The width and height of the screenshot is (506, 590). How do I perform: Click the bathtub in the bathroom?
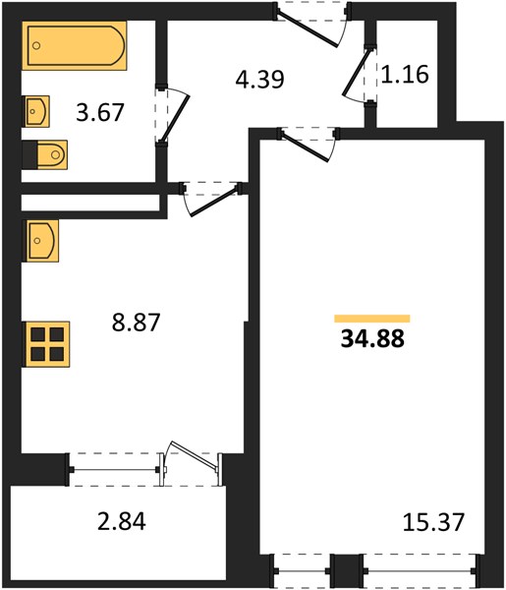75,45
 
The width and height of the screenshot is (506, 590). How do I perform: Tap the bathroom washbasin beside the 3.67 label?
37,111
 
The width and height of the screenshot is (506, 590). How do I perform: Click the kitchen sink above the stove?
41,241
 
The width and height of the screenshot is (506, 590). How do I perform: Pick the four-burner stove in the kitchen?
47,344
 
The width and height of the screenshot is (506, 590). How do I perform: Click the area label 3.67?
100,112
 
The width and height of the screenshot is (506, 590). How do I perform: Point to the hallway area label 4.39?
259,79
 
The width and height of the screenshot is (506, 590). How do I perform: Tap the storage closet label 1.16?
405,74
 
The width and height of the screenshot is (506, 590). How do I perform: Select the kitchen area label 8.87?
137,323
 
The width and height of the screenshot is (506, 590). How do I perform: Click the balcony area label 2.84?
122,521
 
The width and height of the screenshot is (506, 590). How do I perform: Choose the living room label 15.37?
433,522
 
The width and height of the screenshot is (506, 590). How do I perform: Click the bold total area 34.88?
372,338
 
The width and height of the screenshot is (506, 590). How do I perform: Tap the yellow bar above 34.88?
372,319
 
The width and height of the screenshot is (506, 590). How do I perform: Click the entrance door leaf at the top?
308,29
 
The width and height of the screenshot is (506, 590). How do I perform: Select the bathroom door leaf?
175,118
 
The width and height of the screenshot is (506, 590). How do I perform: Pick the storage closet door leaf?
356,71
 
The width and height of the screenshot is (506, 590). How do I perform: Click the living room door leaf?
305,147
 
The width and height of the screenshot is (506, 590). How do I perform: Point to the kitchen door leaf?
214,202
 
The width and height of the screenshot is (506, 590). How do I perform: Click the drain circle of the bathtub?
36,45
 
